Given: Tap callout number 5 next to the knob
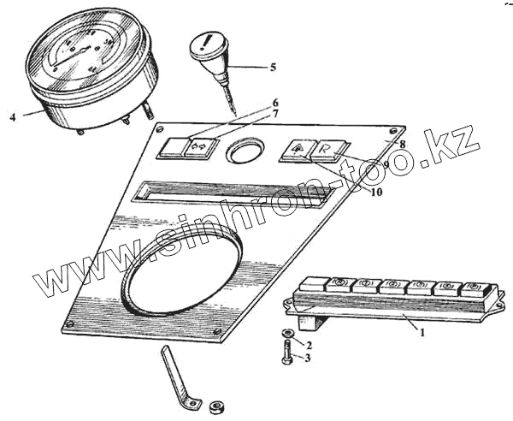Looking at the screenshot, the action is [272, 67].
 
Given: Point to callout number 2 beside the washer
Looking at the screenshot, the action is [309, 345].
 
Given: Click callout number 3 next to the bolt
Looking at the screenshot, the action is [309, 358].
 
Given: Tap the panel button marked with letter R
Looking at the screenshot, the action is [327, 149].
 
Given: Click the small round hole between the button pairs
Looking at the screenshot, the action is [245, 152].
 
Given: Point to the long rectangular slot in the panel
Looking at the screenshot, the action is [231, 193].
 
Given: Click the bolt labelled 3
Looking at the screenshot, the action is [286, 353].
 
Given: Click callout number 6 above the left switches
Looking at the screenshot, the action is [275, 102].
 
